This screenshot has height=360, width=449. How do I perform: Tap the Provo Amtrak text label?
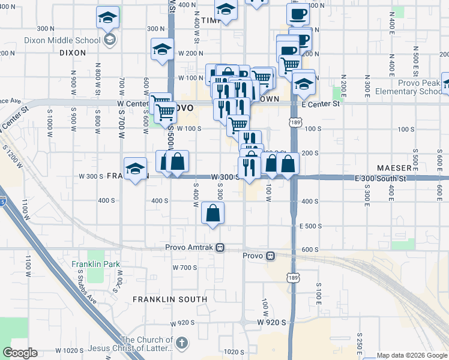point(190,247)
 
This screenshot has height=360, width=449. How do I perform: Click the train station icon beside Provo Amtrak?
point(220,247)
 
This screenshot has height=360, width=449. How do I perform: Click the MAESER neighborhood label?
point(394,167)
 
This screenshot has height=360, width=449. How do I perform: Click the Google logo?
point(20,353)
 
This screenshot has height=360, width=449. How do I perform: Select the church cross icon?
point(182,343)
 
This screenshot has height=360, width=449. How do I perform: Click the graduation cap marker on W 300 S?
point(136,168)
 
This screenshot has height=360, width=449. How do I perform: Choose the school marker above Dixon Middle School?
point(107,18)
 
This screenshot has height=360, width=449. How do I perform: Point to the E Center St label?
point(321,104)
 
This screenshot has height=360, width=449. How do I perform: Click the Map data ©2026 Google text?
point(411,355)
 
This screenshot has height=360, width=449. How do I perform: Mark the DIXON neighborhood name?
point(73,53)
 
